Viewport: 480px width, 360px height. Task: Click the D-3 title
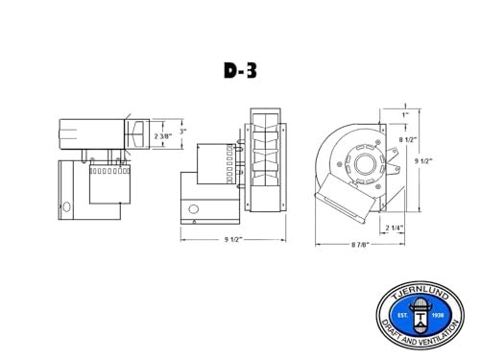(240, 71)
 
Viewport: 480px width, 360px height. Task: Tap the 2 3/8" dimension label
(163, 136)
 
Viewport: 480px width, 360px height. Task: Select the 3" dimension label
(182, 132)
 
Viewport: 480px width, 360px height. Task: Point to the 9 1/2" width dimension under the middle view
(233, 239)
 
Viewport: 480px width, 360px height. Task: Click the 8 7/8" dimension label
(361, 245)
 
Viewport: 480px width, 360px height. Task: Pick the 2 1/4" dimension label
(395, 228)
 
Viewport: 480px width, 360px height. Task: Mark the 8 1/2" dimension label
(408, 139)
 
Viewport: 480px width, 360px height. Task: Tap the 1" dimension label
(406, 115)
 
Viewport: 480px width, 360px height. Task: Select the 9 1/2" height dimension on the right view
(423, 161)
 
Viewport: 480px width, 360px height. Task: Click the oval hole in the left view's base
(66, 206)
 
